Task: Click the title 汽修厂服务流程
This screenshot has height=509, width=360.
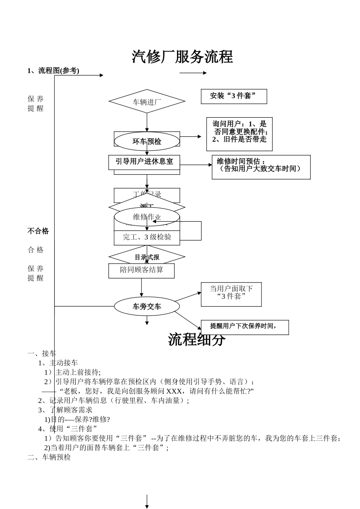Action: point(182,57)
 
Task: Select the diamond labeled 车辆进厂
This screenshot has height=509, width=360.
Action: point(147,101)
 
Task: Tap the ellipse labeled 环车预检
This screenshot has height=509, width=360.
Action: point(147,141)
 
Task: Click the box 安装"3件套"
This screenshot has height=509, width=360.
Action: point(234,96)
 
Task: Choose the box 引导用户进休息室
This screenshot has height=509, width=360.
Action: point(144,161)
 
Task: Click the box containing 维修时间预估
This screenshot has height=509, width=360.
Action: point(261,167)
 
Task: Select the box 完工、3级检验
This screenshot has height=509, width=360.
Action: point(147,237)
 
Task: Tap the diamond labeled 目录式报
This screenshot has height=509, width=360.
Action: point(147,257)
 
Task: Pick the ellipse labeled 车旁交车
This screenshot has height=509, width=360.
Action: point(147,306)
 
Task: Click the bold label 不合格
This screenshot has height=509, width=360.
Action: point(38,231)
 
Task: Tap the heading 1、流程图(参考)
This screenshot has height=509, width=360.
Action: point(53,71)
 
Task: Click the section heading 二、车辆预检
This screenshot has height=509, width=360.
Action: point(49,457)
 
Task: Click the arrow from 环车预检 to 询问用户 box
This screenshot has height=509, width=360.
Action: point(191,136)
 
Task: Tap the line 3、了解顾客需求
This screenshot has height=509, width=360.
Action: point(65,410)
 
